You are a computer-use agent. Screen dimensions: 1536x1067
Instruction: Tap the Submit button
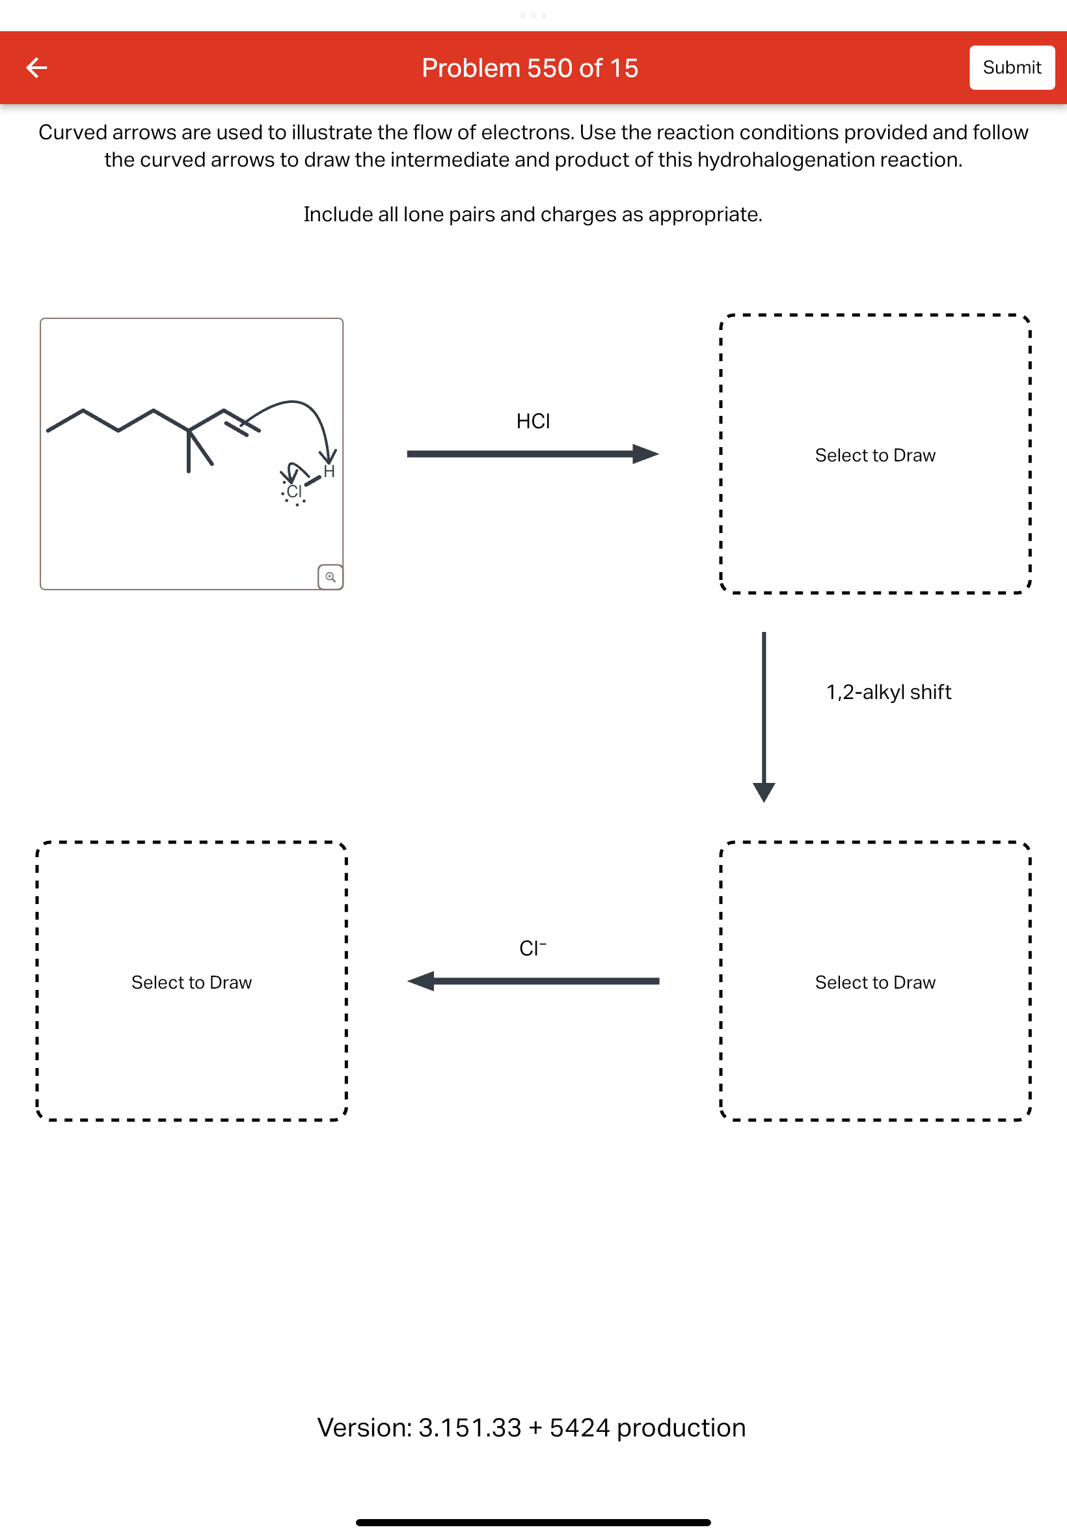tap(1011, 68)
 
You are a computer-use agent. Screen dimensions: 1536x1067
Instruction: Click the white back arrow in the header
tap(37, 68)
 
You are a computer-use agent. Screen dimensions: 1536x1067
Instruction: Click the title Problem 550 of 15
tap(530, 68)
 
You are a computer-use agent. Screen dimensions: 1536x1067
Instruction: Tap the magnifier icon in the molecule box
tap(331, 577)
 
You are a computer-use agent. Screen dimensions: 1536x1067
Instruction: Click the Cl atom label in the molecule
tap(294, 491)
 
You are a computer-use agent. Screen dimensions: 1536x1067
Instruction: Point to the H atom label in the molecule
tap(329, 471)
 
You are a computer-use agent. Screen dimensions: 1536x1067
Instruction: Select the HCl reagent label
tap(533, 421)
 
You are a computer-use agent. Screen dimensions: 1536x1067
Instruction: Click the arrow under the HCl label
tap(532, 454)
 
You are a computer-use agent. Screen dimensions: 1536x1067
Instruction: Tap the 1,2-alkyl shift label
tap(888, 691)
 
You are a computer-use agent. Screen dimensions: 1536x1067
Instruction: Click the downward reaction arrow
tap(763, 715)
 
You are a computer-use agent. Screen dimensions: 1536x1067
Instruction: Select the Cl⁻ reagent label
tap(532, 948)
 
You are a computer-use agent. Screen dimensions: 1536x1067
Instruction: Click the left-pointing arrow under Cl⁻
tap(532, 981)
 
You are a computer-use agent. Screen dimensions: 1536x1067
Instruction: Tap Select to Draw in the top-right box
tap(874, 456)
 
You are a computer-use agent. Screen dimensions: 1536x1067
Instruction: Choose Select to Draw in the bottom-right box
tap(874, 982)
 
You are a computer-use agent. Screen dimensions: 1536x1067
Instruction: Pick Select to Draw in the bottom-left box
tap(192, 982)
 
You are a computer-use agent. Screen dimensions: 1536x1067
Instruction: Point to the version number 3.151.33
tap(469, 1428)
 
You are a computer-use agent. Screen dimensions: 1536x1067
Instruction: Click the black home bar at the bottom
tap(533, 1522)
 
